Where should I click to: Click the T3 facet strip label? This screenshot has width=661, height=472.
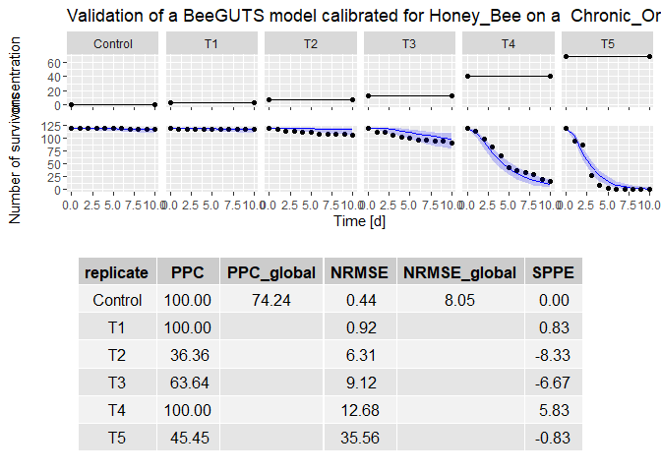pos(409,44)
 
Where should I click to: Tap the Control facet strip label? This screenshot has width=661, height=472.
pos(113,44)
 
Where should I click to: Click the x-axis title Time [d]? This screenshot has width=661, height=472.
pos(360,222)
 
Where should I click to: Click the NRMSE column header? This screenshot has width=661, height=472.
pos(359,272)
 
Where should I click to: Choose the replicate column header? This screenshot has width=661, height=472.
pos(117,272)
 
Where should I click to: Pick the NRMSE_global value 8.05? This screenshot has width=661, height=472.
pos(459,300)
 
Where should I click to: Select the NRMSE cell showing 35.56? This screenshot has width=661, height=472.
pos(359,438)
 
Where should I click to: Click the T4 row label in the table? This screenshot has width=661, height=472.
pos(117,410)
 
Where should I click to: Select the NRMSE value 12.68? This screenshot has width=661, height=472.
pos(359,410)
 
